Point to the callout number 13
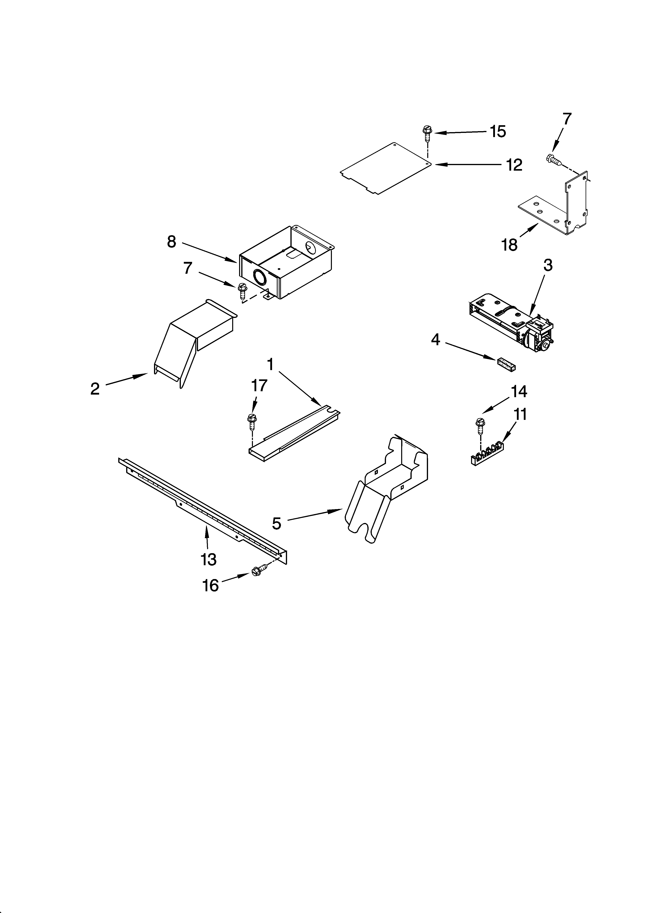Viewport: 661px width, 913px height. click(x=209, y=559)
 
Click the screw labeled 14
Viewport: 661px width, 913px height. click(x=479, y=425)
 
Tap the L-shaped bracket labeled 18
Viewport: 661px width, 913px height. click(x=564, y=207)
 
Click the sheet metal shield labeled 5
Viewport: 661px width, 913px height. click(x=386, y=487)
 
